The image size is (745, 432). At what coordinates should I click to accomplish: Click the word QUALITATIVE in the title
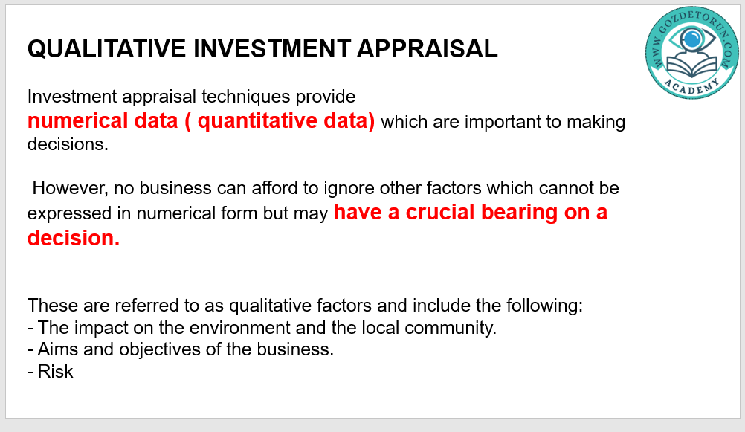106,49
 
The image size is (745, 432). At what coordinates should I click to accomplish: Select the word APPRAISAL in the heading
427,49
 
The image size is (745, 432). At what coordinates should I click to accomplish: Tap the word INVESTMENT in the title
272,49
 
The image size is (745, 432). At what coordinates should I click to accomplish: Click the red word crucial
440,213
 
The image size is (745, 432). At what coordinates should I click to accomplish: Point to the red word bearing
519,213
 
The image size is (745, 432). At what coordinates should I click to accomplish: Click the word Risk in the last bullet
55,372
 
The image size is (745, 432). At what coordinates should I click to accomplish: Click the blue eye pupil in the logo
693,39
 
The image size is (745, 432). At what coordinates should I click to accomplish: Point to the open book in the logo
692,66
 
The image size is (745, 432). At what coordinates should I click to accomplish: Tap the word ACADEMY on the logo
691,87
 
